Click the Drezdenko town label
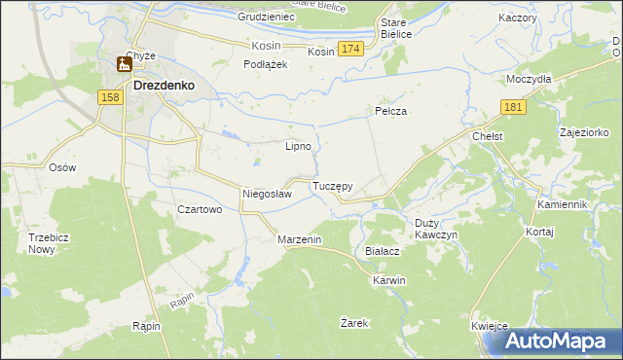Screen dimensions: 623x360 click(x=164, y=85)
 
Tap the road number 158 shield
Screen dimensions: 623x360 click(x=110, y=97)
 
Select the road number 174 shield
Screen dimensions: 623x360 click(x=351, y=49)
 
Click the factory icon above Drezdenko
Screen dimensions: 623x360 click(x=125, y=65)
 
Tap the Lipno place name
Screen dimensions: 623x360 click(x=297, y=147)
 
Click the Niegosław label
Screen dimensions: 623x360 click(x=267, y=194)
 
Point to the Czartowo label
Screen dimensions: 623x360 click(x=201, y=209)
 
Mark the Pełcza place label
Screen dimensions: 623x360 click(x=390, y=112)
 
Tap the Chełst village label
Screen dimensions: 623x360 click(x=487, y=137)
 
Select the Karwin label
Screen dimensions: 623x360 click(x=388, y=280)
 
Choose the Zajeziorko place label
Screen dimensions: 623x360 click(x=585, y=130)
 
